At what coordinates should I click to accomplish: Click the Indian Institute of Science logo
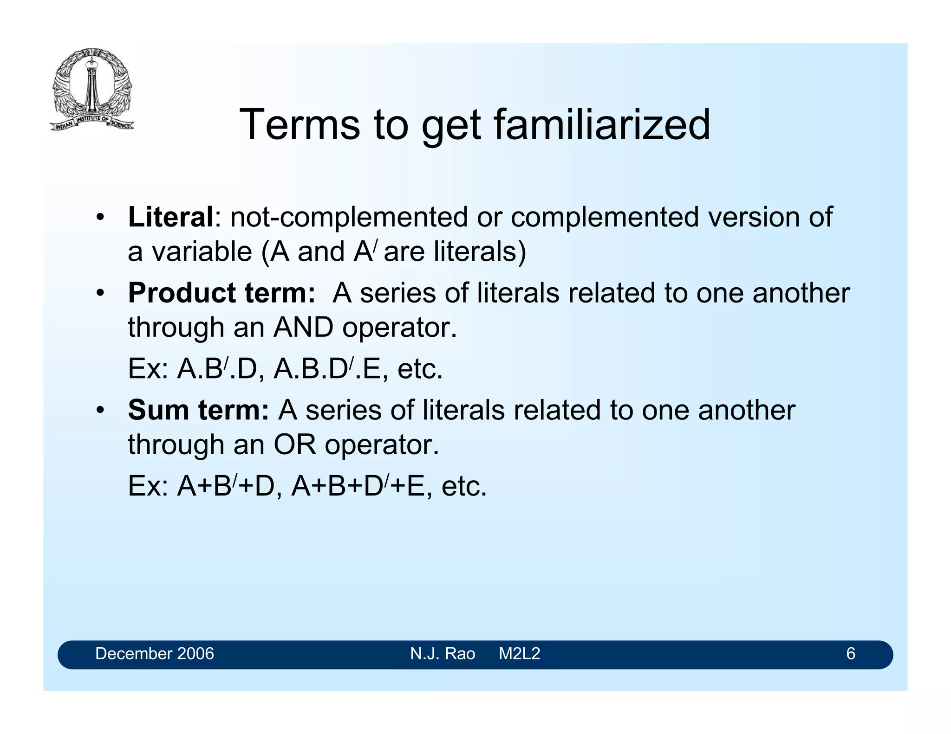pos(92,89)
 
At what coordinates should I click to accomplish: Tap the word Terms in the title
pos(300,124)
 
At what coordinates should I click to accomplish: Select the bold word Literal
pos(170,217)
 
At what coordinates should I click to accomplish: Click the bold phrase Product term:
pos(221,293)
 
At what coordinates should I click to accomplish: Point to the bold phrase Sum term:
pos(198,410)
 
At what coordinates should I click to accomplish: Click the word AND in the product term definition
pos(303,328)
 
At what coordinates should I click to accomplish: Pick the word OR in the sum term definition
pos(294,444)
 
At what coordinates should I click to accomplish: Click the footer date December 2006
pos(154,654)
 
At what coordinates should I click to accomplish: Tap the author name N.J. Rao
pos(442,654)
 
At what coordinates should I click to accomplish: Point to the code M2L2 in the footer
pos(519,654)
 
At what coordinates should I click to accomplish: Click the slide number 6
pos(850,654)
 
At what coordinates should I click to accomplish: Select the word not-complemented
pos(349,217)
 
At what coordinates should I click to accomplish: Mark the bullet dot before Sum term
pos(99,411)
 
